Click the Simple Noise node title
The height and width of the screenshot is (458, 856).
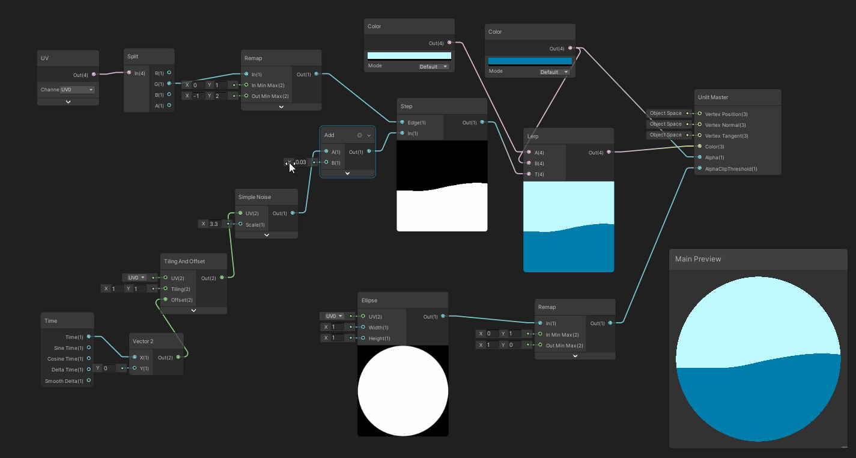tap(255, 197)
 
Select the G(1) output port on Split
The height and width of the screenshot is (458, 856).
tap(169, 84)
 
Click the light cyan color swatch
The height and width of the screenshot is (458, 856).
tap(409, 56)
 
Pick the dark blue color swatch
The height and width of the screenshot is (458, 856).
tap(530, 61)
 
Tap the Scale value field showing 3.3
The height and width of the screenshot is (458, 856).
tap(214, 224)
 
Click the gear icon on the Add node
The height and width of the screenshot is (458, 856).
tap(359, 135)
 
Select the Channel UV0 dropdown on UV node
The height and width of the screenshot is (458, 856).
tap(77, 90)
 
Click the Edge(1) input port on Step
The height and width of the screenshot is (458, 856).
tap(402, 123)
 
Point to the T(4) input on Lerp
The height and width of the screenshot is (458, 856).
tap(529, 174)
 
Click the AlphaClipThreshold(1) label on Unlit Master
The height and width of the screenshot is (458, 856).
tap(731, 169)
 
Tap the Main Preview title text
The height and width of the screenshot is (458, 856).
tap(698, 259)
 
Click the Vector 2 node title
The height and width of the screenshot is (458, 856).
tap(143, 341)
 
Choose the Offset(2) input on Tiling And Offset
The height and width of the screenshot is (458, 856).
tap(165, 299)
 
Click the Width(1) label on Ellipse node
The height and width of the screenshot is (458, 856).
tap(378, 327)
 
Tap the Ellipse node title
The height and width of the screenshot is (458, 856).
tap(369, 300)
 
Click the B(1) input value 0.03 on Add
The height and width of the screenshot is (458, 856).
tap(301, 162)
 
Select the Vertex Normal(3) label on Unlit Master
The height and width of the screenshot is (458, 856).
tap(725, 124)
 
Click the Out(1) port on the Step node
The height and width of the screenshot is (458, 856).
tap(482, 122)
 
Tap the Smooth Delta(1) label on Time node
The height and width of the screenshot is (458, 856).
tap(64, 381)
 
